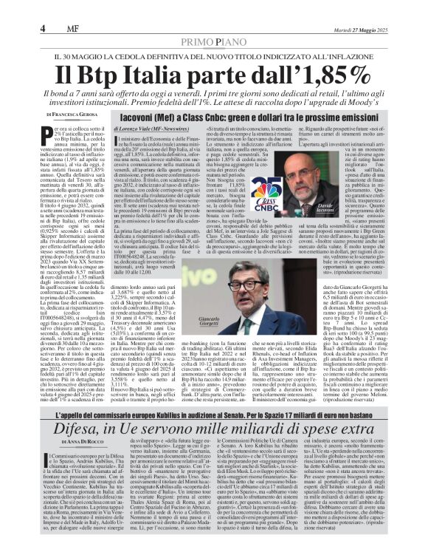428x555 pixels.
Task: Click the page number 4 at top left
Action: click(x=43, y=29)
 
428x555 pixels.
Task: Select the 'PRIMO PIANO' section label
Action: click(x=213, y=43)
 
